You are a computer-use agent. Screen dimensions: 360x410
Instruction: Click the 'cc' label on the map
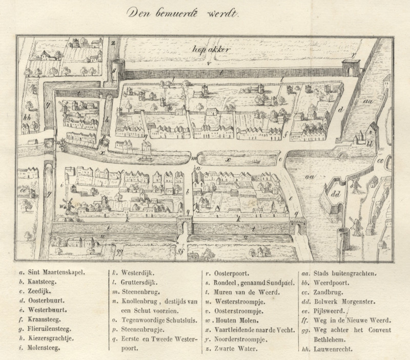pos(381,159)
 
